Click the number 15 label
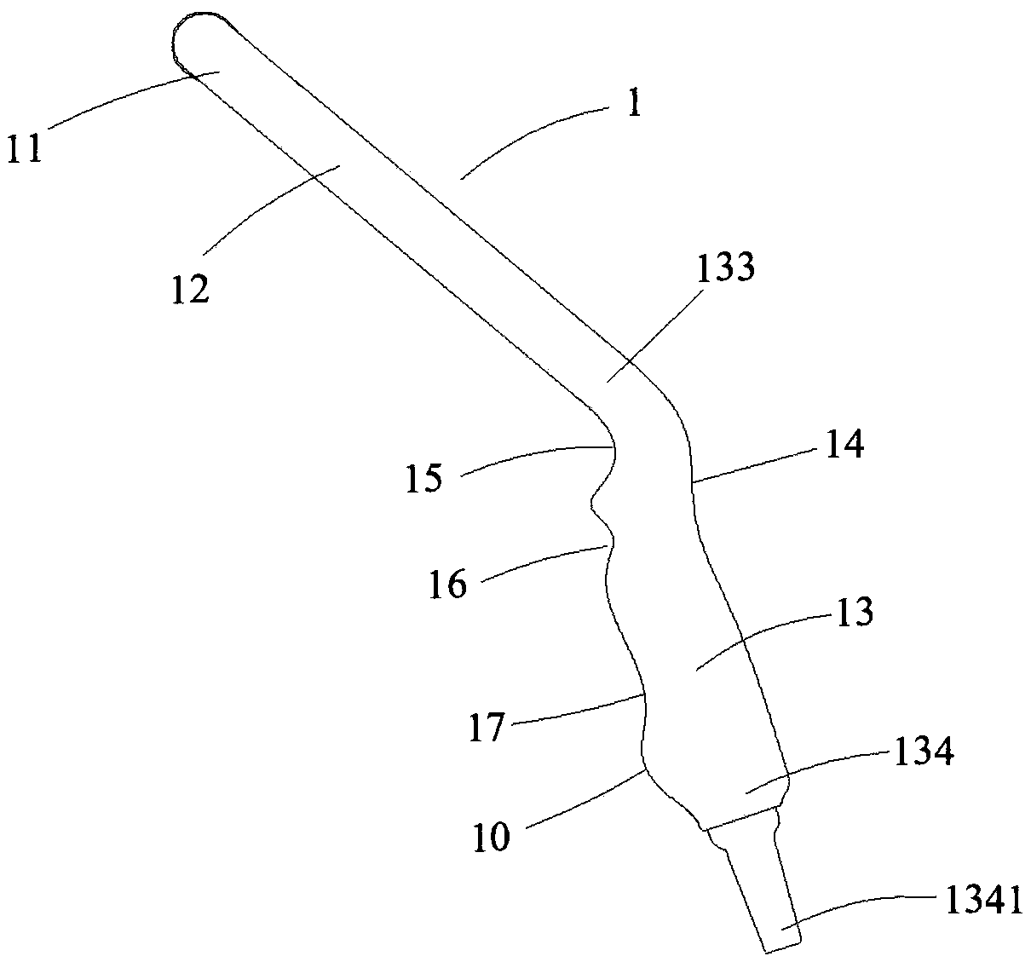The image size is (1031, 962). pos(424,479)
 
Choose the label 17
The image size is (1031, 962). pos(487,729)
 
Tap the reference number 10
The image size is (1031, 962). pos(492,837)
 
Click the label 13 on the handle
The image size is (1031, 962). pos(855,613)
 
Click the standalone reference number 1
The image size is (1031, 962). pos(631,106)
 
